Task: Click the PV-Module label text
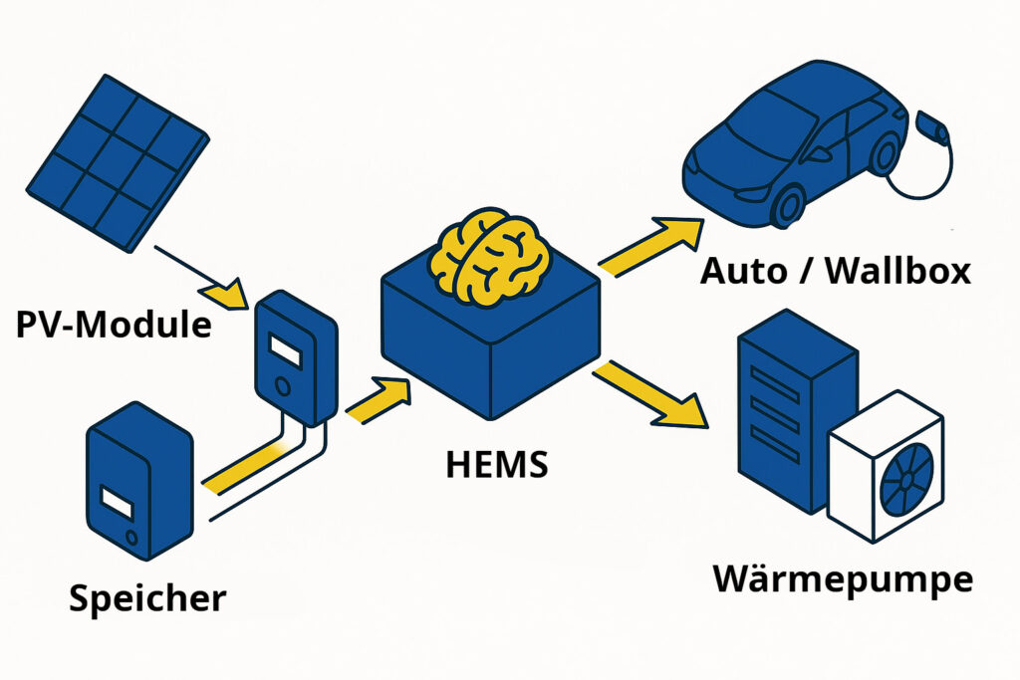115,324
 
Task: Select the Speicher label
147,597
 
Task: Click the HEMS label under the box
497,464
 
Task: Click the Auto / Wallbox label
835,270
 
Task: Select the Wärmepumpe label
843,578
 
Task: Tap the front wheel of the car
788,204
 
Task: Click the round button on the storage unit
131,538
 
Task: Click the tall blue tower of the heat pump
782,418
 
